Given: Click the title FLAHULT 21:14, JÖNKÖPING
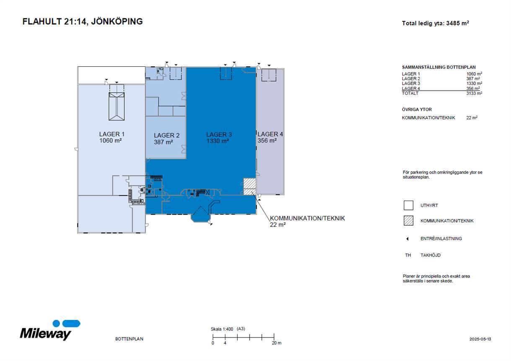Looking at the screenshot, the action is click(x=83, y=22).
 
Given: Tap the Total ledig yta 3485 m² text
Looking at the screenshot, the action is click(x=435, y=24).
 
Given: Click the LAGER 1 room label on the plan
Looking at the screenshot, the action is click(x=112, y=134).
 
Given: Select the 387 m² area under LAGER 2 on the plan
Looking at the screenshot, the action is click(x=163, y=142).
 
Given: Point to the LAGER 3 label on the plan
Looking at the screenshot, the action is click(x=219, y=135).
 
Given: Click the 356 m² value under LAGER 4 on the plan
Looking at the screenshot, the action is click(x=267, y=141).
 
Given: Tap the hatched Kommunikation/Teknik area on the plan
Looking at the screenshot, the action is click(x=250, y=186).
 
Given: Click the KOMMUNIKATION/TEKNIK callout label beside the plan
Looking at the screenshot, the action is click(x=307, y=218).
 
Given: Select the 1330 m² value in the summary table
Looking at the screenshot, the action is click(x=474, y=84).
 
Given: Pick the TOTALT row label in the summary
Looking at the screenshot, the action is click(x=410, y=93).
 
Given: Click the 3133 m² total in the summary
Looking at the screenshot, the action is click(x=474, y=93).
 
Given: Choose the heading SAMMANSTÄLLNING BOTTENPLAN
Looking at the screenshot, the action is click(x=439, y=67).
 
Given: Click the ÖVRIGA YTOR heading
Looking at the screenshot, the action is click(x=417, y=110).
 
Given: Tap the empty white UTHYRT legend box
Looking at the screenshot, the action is click(x=408, y=205).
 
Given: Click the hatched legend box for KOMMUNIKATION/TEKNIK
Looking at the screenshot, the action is click(x=408, y=221).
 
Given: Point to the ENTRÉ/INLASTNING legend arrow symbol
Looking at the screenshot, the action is click(x=408, y=239).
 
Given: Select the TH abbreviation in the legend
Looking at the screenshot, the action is click(x=408, y=255).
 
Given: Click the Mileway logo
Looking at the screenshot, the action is click(x=50, y=331).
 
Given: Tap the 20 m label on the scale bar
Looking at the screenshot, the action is click(x=276, y=343).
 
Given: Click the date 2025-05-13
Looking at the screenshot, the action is click(x=480, y=339).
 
